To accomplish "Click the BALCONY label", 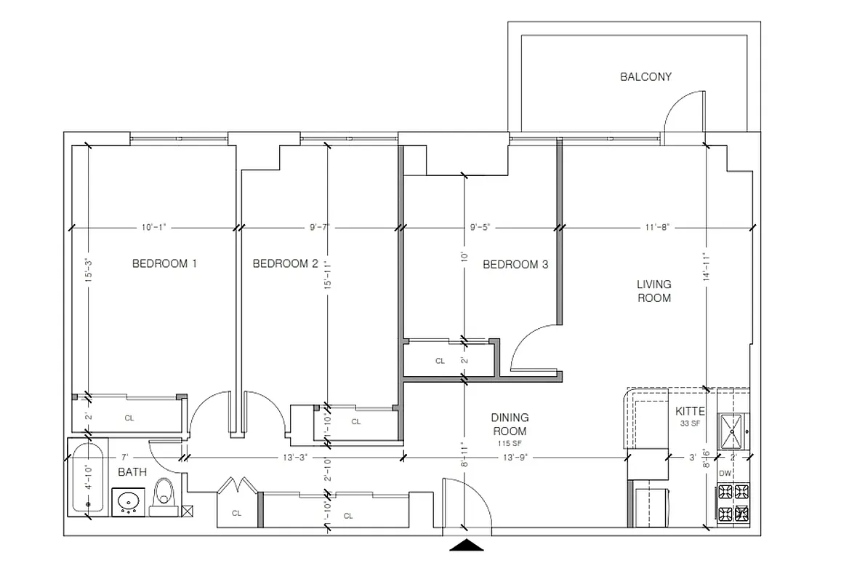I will coord(645,76).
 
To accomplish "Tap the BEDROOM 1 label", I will coord(164,263).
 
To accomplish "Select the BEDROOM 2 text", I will coord(286,263).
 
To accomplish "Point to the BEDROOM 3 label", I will coord(515,264).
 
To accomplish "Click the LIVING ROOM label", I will coord(653,291).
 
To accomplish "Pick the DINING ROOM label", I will coord(510,424).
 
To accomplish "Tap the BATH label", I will coord(132,472).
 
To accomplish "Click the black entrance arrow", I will coord(467,546).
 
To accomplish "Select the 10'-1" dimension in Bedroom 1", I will coord(154,227).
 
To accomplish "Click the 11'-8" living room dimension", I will coord(656,227).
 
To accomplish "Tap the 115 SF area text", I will coord(510,443).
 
